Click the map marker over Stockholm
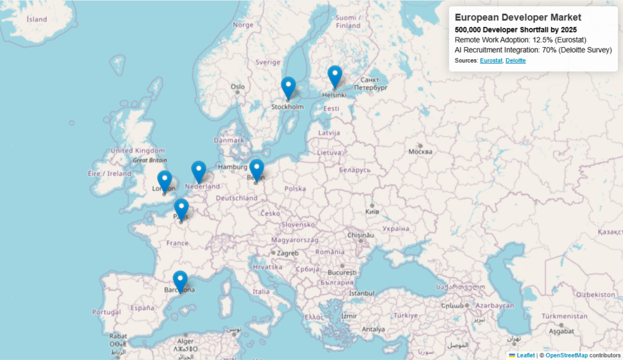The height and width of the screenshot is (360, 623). pyautogui.click(x=288, y=87)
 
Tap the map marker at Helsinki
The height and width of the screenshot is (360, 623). pyautogui.click(x=335, y=76)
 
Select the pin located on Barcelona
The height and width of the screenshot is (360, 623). pyautogui.click(x=180, y=281)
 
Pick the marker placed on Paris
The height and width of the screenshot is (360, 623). pyautogui.click(x=181, y=209)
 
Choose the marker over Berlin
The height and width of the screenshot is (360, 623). pyautogui.click(x=257, y=169)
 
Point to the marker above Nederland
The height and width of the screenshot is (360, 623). pyautogui.click(x=199, y=171)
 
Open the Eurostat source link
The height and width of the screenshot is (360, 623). pyautogui.click(x=491, y=61)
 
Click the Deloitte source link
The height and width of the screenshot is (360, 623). pyautogui.click(x=516, y=61)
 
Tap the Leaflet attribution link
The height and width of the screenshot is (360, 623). pyautogui.click(x=525, y=355)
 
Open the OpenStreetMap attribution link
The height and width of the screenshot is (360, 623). pyautogui.click(x=566, y=355)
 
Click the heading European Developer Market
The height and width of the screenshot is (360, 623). pyautogui.click(x=518, y=18)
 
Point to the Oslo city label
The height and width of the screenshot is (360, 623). pyautogui.click(x=237, y=87)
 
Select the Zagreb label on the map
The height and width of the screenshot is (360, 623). pyautogui.click(x=288, y=253)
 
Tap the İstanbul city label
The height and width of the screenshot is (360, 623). pyautogui.click(x=361, y=293)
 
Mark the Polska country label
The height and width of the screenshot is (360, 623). pyautogui.click(x=295, y=189)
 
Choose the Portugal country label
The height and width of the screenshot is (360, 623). pyautogui.click(x=106, y=312)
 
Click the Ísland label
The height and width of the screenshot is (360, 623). pyautogui.click(x=36, y=19)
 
